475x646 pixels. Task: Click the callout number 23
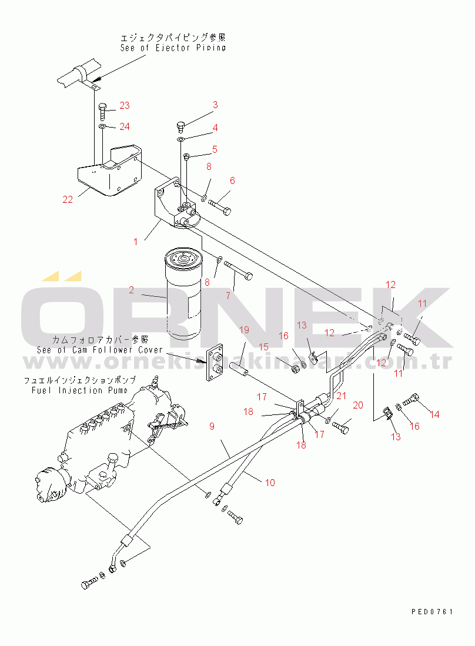click(124, 105)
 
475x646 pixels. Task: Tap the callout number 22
click(68, 199)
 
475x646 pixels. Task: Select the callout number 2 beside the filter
click(132, 290)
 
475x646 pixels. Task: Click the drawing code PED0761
click(432, 612)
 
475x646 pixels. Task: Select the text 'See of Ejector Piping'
click(173, 48)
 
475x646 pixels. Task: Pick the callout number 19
click(244, 330)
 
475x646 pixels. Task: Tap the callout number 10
click(270, 483)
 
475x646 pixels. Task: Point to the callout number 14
click(434, 414)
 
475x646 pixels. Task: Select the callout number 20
click(358, 405)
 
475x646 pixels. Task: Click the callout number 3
click(215, 105)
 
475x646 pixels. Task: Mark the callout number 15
click(264, 347)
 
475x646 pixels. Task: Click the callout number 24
click(124, 126)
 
